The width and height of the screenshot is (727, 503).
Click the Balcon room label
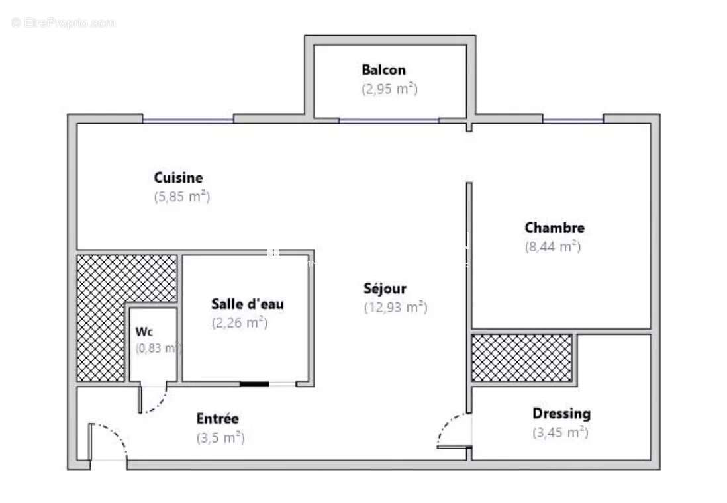383,69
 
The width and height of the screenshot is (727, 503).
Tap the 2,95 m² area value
389,89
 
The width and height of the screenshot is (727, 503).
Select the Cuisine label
178,178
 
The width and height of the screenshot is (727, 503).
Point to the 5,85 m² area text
182,197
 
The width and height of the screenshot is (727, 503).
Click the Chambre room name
554,228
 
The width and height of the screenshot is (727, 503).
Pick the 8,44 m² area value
552,247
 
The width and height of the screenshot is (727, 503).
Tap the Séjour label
385,289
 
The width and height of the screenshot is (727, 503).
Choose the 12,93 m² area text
395,307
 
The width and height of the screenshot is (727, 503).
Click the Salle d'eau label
248,304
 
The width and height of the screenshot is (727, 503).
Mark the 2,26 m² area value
239,323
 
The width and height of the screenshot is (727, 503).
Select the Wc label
144,331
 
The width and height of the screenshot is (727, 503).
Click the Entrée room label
217,419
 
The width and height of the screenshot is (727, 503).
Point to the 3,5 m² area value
220,437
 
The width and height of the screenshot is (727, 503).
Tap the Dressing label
561,414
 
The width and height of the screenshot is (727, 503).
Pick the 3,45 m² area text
560,433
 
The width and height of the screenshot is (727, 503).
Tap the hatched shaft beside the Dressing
522,357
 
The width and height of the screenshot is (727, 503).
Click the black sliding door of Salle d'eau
254,383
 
